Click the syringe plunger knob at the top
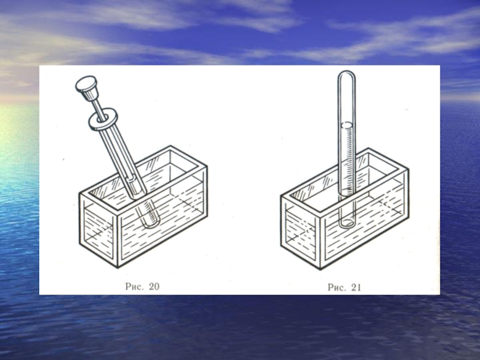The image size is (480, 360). coord(87,87)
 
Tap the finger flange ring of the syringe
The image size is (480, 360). coord(103,119)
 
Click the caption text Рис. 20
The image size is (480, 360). coord(142,286)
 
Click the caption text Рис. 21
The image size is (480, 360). coord(344,287)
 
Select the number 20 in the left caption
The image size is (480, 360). coord(154,286)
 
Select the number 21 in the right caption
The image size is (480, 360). coord(356,287)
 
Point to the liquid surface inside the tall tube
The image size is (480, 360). coord(347,125)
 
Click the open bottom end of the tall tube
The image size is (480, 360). coord(347,223)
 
